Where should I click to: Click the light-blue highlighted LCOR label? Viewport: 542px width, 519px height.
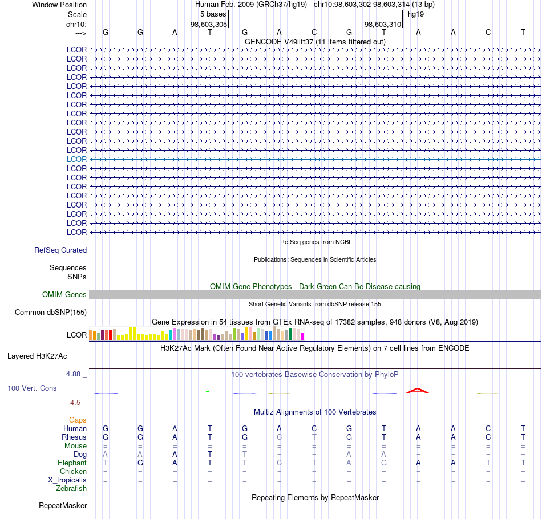coord(76,159)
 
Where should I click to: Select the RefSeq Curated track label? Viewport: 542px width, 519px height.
coord(60,250)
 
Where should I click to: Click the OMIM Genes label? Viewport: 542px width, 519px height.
coord(64,295)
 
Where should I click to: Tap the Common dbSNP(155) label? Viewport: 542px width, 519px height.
coord(51,313)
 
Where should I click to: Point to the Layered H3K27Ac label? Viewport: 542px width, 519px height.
coord(37,356)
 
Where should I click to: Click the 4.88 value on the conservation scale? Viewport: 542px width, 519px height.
coord(73,374)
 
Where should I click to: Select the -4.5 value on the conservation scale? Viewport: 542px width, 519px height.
coord(74,403)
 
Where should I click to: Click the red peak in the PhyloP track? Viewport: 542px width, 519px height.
coord(417,391)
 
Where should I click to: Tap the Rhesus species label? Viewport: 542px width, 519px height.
coord(74,437)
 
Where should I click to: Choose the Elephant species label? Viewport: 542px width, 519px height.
coord(72,463)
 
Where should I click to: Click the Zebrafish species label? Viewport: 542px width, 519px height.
coord(71,489)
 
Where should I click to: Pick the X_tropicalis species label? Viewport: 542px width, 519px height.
coord(67,480)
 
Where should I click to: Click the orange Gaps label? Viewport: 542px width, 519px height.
coord(78,420)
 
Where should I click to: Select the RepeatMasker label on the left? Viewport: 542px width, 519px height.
coord(63,505)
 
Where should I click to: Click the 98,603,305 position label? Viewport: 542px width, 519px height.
coord(209,24)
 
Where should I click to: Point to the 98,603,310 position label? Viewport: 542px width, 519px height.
coord(383,24)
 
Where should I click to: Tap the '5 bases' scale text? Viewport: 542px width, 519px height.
coord(213,14)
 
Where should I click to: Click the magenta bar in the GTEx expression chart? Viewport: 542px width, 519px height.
coord(302,336)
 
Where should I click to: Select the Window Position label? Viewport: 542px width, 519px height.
coord(59,5)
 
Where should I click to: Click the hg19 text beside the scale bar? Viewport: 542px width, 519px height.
coord(416,14)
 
